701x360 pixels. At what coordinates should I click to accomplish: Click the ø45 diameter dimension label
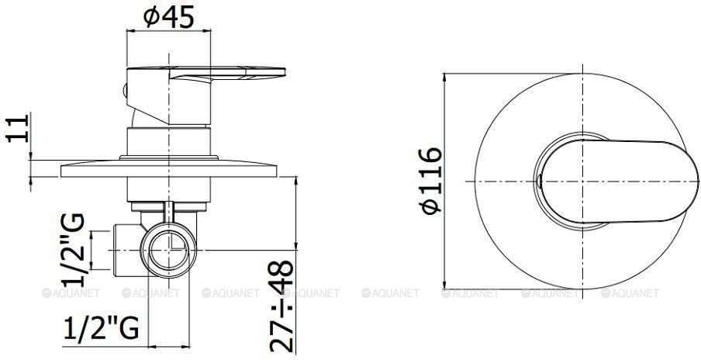[169, 17]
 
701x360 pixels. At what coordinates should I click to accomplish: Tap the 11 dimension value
[18, 128]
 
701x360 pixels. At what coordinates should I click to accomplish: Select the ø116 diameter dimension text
[430, 181]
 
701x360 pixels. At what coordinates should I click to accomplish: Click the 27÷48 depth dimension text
[281, 306]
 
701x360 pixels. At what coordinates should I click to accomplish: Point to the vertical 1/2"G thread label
[72, 250]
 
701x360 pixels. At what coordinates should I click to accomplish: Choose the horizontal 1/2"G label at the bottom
[102, 329]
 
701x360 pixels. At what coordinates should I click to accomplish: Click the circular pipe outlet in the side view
[168, 250]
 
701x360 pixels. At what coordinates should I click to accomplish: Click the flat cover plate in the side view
[168, 171]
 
